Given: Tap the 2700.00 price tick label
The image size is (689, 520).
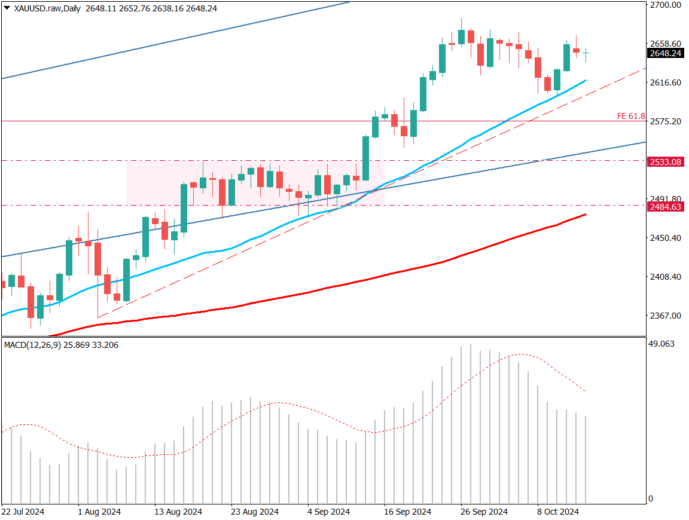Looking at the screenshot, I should point(665,5).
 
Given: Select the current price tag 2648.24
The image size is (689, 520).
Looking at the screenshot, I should point(665,54).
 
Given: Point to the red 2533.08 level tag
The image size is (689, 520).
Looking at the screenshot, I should point(665,162).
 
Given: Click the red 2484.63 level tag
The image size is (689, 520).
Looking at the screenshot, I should point(665,207).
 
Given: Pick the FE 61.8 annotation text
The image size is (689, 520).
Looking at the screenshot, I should point(630,116).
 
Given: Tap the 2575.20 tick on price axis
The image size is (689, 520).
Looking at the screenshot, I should point(665,121).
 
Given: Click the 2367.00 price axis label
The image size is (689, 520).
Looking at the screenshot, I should point(665,316).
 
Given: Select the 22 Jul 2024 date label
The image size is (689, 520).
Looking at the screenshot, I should point(23,512).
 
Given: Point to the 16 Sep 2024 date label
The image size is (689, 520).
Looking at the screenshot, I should point(407,512).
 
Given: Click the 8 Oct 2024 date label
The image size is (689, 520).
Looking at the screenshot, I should point(558,512).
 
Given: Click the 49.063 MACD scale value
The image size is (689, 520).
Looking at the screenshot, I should point(661,344).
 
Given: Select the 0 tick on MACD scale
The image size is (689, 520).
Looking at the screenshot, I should point(652,499).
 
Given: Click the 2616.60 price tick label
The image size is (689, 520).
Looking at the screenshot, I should point(665,82).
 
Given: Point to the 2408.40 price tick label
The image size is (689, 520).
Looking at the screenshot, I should point(665,277).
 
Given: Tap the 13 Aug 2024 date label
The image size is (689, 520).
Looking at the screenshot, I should point(178,512).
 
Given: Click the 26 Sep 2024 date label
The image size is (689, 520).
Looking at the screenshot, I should point(484,512).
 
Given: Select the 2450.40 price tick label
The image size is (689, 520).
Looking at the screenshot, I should point(665,238).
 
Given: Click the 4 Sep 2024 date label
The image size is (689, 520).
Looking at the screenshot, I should point(328,512).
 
